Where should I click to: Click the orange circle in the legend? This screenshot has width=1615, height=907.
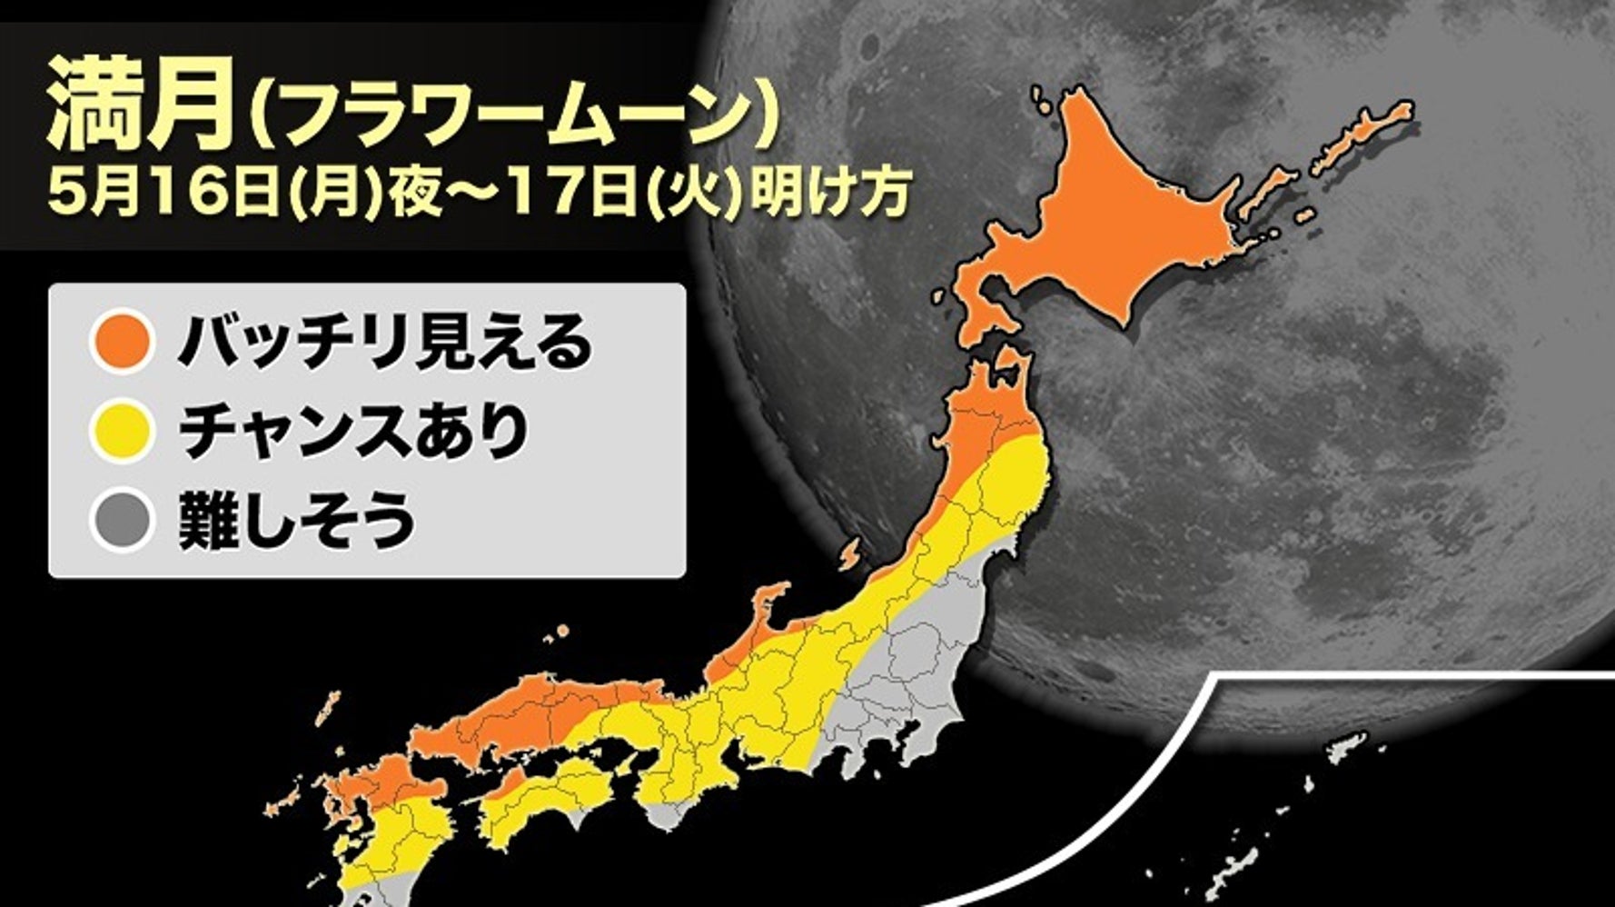click(122, 343)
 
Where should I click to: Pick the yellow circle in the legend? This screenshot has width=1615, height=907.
click(122, 432)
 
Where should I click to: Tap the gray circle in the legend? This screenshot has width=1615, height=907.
click(122, 520)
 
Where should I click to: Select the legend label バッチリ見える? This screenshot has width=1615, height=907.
click(382, 343)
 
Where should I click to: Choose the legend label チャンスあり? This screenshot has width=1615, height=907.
click(353, 432)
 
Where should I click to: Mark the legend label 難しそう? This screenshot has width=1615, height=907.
click(296, 520)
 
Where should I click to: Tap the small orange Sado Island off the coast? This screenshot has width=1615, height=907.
click(850, 553)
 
